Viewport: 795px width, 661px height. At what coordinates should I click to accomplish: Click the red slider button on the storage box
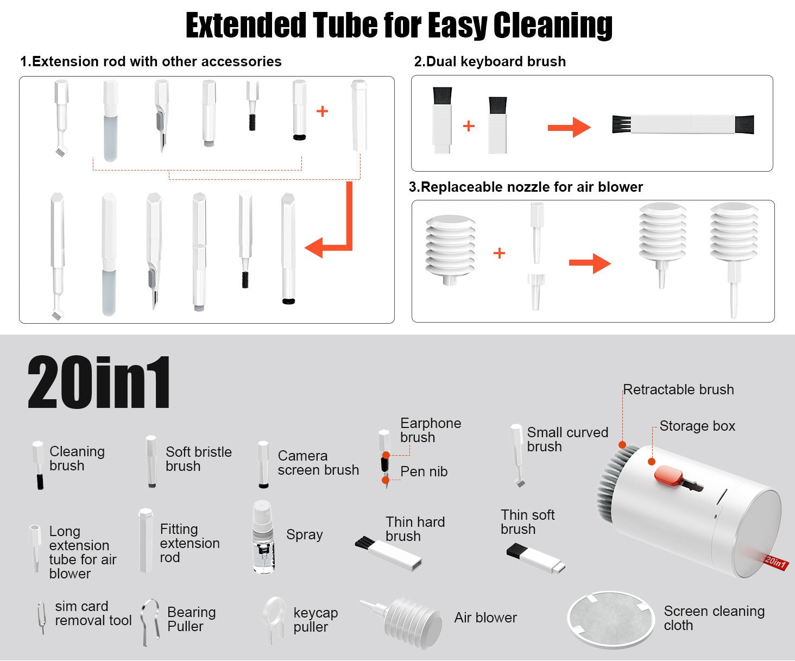coord(667,475)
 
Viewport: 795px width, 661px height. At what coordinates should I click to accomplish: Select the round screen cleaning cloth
coord(610,619)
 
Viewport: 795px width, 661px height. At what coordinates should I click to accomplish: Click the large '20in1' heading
coord(99,382)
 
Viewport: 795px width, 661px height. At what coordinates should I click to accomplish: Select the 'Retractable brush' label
coord(678,389)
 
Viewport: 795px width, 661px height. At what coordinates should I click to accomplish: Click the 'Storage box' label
coord(697,426)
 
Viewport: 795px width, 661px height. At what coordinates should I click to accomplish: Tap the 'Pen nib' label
coord(424,471)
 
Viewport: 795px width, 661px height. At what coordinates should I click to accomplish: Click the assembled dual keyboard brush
coord(683,124)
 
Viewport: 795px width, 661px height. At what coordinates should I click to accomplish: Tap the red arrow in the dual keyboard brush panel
coord(569,128)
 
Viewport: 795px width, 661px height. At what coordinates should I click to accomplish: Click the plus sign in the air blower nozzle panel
coord(499,253)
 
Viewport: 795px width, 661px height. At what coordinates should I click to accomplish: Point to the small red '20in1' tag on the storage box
coord(775,563)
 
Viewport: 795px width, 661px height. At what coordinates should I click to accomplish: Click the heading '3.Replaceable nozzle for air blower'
coord(526,187)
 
